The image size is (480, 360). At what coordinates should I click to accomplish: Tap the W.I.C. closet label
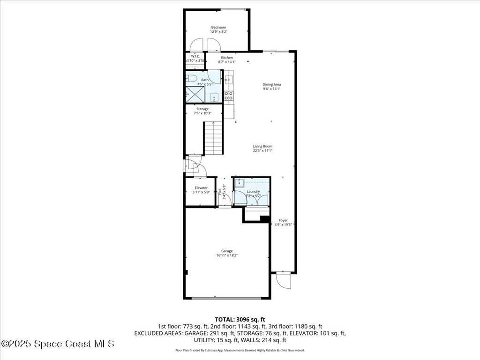pyautogui.click(x=195, y=56)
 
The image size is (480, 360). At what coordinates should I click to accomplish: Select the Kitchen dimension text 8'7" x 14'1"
pyautogui.click(x=227, y=62)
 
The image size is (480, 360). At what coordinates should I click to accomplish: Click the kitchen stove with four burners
pyautogui.click(x=229, y=96)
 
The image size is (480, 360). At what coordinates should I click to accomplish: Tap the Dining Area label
pyautogui.click(x=271, y=84)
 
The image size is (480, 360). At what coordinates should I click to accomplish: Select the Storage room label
pyautogui.click(x=202, y=109)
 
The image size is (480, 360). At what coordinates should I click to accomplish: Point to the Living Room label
pyautogui.click(x=262, y=146)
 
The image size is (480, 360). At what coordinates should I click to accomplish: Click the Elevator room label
pyautogui.click(x=201, y=187)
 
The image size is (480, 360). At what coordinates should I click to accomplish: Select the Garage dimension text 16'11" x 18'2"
pyautogui.click(x=227, y=255)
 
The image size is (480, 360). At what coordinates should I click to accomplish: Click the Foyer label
pyautogui.click(x=283, y=220)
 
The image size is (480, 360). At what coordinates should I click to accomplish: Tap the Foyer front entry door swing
pyautogui.click(x=283, y=280)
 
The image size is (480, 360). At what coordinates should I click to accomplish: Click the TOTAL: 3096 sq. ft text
pyautogui.click(x=240, y=319)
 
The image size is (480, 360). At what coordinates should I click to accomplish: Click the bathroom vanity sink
pyautogui.click(x=214, y=97)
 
